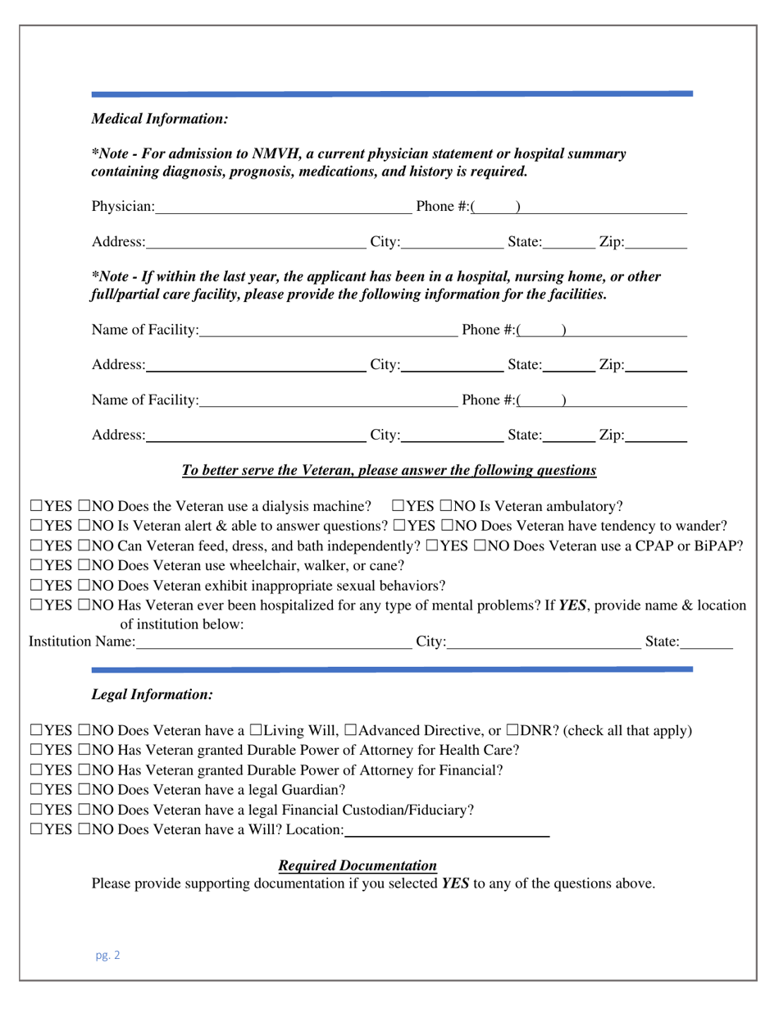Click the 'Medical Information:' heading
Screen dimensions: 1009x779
159,119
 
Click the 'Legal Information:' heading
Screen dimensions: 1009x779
152,694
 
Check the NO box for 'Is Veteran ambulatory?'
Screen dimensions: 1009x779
448,504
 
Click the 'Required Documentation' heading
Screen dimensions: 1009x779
358,865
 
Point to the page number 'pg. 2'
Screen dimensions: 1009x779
107,955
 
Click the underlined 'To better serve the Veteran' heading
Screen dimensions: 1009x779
389,471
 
